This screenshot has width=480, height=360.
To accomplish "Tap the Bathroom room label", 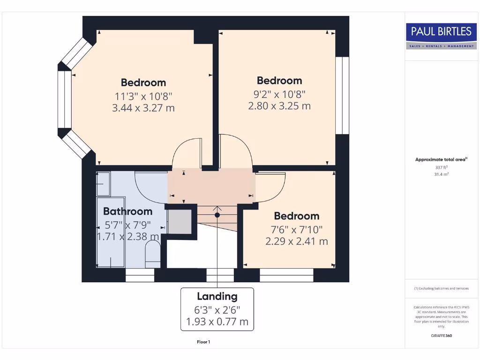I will point(127,211).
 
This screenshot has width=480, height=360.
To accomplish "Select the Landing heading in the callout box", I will point(217,296).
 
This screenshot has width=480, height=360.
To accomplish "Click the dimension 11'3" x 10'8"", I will point(143,96).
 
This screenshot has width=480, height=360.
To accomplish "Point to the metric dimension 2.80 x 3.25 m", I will point(279,106).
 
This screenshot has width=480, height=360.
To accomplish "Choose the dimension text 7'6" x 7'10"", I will point(296,229).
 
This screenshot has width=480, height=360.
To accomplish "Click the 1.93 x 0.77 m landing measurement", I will point(217,322).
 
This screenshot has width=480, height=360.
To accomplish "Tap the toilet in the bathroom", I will point(152,255).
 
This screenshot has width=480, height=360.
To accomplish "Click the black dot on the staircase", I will point(217,215).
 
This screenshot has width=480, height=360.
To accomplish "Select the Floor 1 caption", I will point(203,342).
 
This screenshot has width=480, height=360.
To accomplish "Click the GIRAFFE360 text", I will point(441,336).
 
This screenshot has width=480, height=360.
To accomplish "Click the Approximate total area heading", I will point(441,159).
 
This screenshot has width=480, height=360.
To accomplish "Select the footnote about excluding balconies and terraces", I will point(441,288).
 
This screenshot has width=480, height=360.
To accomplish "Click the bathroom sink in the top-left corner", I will point(103,183).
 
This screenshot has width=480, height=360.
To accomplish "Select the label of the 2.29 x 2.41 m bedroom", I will point(296,216).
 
